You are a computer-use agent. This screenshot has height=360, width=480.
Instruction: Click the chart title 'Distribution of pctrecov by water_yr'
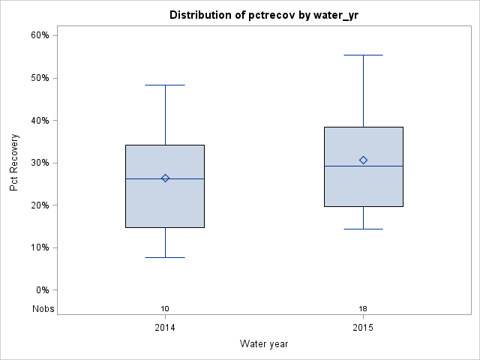[264, 15]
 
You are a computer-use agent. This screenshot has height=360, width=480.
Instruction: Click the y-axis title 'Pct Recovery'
[14, 163]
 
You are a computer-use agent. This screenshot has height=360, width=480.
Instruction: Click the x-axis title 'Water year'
[264, 343]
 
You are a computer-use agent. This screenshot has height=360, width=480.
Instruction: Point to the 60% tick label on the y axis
[39, 35]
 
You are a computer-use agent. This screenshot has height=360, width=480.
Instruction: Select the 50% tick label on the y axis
[39, 78]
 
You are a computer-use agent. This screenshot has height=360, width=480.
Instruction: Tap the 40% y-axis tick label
[39, 120]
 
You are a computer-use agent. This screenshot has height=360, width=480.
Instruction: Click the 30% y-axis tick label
[39, 163]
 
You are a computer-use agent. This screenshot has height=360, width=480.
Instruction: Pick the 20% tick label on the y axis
[39, 205]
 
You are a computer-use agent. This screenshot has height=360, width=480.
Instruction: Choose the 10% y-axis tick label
[39, 247]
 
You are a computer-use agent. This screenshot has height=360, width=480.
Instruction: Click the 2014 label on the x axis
[165, 328]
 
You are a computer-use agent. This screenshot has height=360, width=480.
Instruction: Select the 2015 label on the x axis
[363, 328]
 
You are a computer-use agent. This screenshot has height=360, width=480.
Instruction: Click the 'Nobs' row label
[43, 309]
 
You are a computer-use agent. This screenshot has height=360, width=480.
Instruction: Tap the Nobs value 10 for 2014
[165, 309]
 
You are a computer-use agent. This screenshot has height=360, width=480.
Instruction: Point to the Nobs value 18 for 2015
[363, 309]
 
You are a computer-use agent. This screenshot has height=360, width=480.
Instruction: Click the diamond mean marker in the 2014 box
[165, 178]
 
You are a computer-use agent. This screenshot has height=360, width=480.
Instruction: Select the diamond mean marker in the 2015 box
[363, 160]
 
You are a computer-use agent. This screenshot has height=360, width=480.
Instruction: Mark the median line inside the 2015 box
[382, 166]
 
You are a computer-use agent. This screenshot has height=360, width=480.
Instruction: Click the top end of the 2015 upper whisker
[363, 55]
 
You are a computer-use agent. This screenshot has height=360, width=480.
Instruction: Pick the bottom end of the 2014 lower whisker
[165, 257]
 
